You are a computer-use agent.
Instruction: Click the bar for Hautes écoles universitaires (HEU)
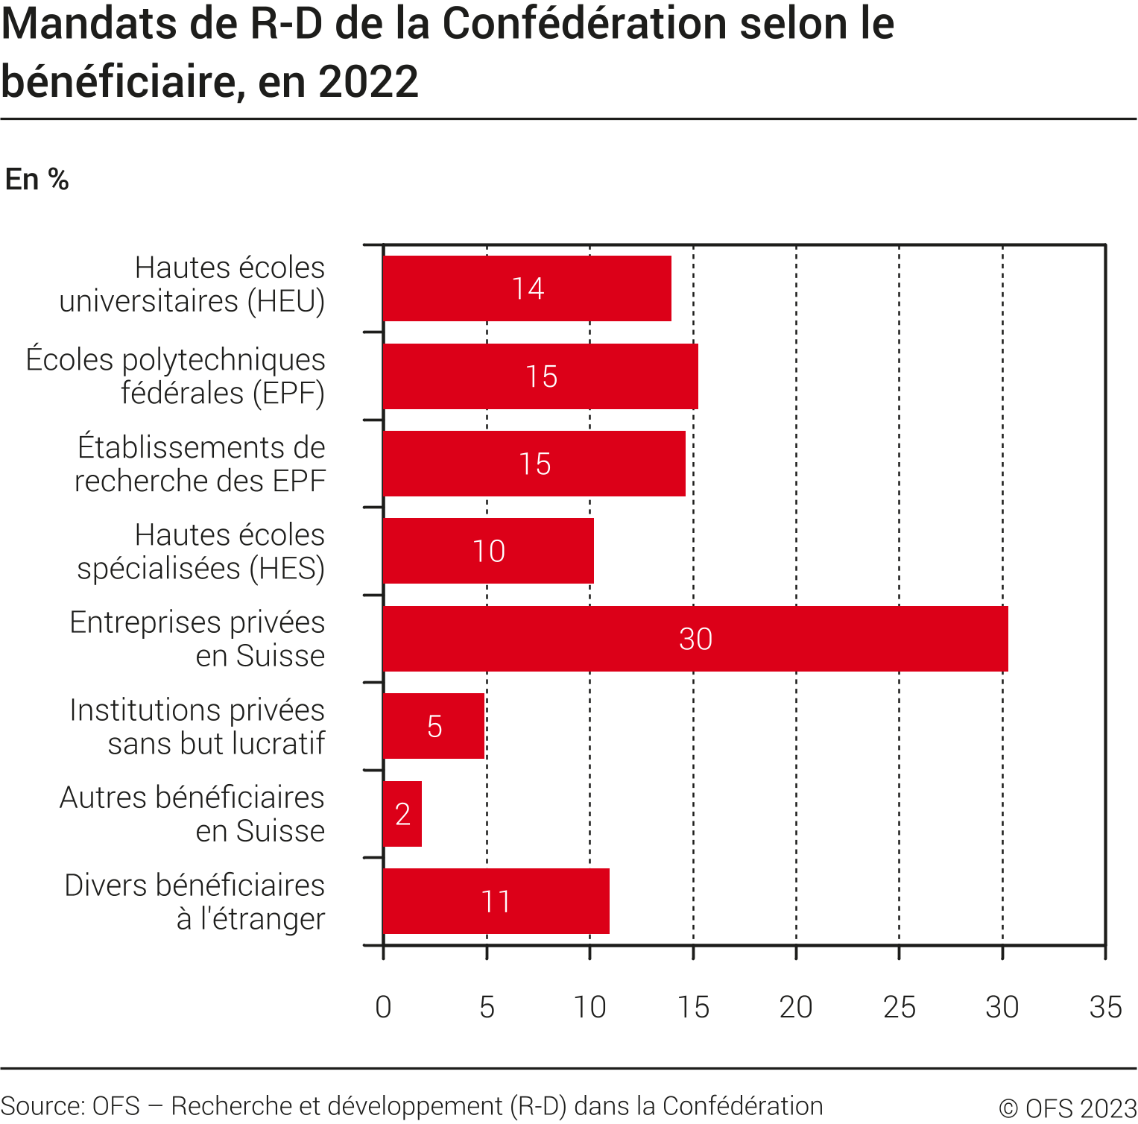527,288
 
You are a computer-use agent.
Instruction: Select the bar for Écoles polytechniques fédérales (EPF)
540,376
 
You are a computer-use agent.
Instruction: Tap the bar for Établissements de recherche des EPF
534,464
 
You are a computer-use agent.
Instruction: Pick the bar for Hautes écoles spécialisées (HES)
488,551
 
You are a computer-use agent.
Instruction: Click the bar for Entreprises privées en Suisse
695,639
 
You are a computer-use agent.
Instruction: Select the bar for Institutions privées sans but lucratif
434,726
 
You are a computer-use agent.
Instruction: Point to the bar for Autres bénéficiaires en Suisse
402,814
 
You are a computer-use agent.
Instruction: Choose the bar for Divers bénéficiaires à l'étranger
496,901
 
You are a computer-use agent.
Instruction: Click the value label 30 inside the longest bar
695,640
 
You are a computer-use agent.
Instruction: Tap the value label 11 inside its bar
496,902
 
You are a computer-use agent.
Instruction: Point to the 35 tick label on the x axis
1104,1007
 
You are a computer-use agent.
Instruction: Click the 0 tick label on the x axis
383,1007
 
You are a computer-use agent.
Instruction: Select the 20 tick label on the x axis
795,1007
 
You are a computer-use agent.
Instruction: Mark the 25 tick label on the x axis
899,1007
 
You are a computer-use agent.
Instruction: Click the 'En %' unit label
37,180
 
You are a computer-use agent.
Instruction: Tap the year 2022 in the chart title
368,82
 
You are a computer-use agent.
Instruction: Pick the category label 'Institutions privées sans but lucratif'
197,727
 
